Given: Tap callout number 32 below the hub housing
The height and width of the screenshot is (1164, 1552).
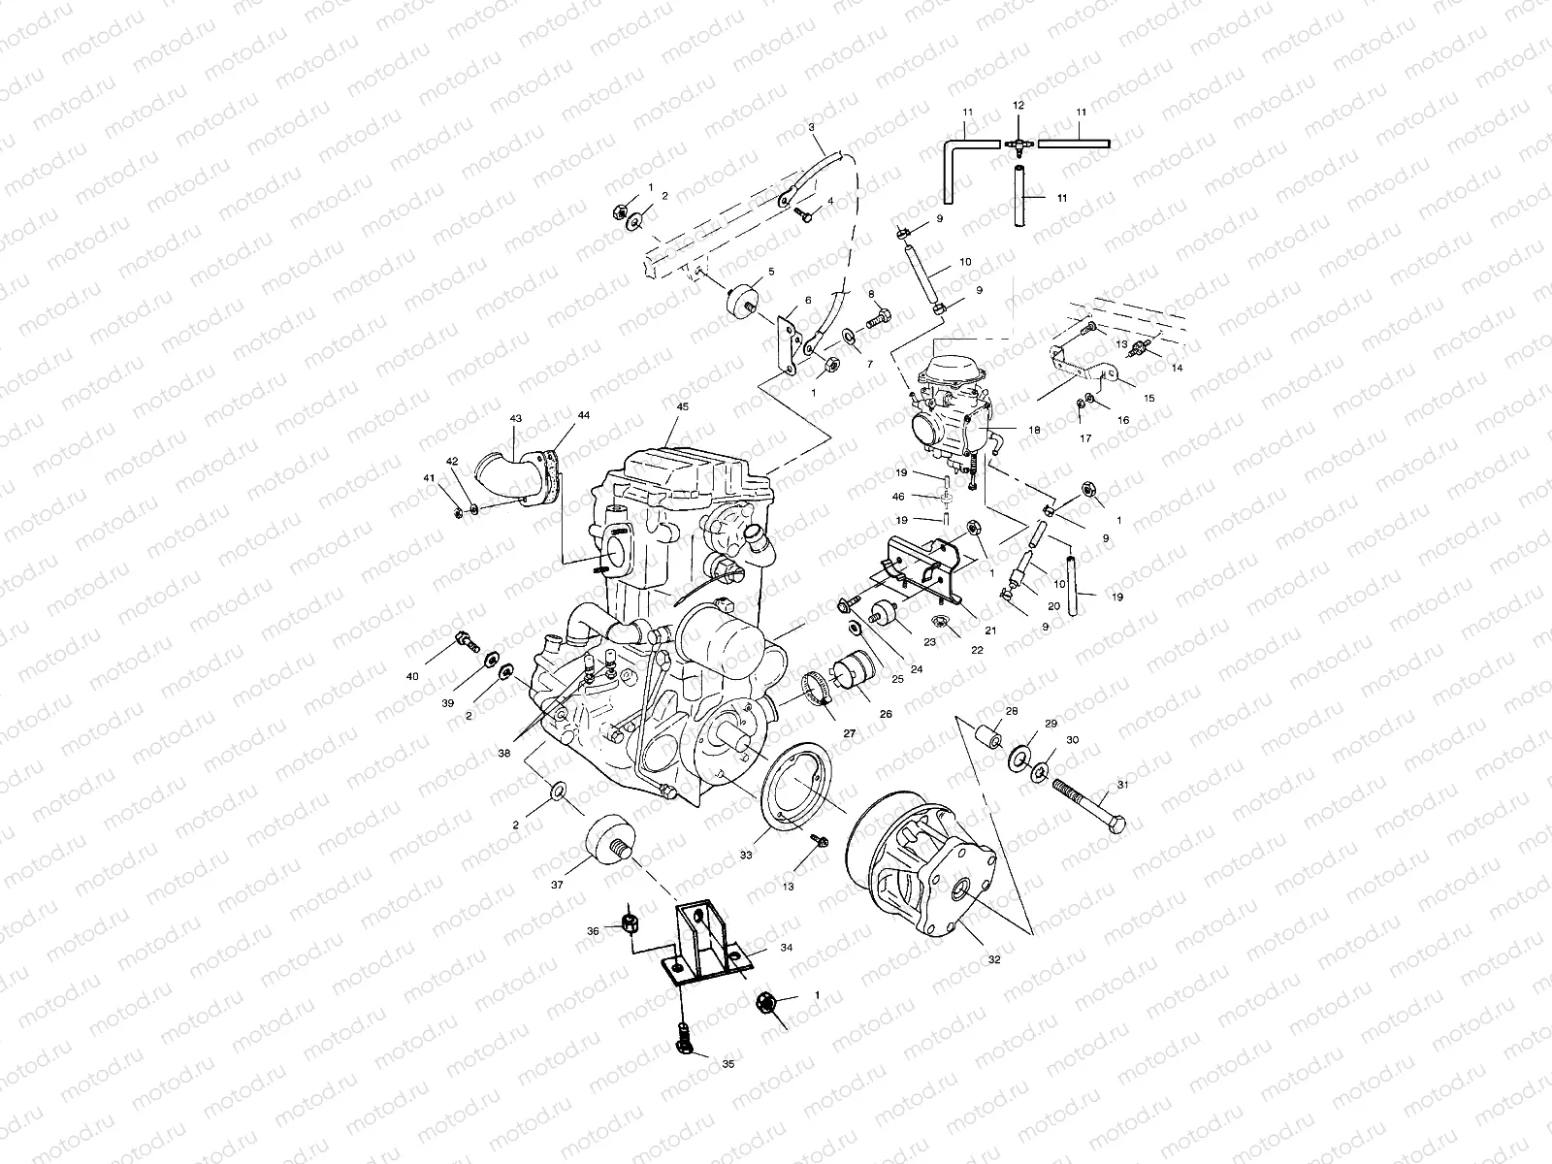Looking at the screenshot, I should (x=993, y=959).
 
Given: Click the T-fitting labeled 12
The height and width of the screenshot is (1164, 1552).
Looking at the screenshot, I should (x=1018, y=143).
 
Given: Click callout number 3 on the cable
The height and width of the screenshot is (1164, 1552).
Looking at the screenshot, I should (x=811, y=127).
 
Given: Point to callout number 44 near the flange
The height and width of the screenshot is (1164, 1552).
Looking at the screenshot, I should (x=582, y=414).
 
